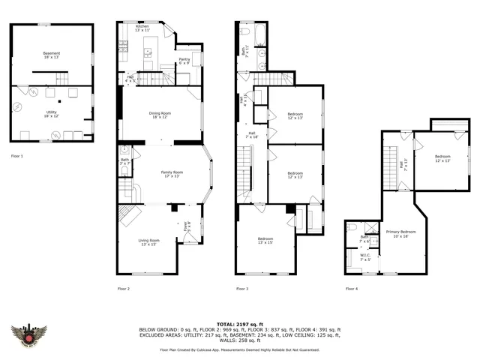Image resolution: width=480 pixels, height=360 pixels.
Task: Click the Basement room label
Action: point(51,53)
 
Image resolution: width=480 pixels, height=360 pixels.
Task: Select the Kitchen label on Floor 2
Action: point(142,27)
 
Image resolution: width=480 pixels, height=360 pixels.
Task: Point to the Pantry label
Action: point(184,61)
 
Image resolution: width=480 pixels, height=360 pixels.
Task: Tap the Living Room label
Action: point(148,241)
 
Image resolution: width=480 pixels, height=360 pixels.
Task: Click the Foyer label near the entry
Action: point(187,224)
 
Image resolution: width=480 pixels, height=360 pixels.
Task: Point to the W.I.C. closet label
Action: point(365,256)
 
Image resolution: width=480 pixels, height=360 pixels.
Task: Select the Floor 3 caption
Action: point(242,289)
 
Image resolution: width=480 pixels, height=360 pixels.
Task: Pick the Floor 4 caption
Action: point(351,289)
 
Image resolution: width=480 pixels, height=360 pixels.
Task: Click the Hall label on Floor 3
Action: point(252,135)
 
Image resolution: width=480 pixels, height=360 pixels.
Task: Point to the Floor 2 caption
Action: point(124,289)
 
